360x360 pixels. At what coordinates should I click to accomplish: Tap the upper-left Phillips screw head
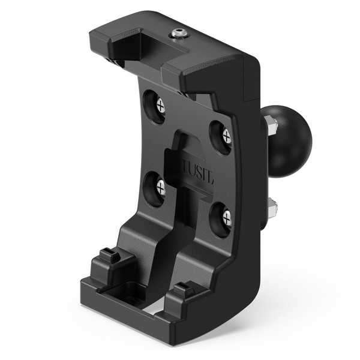(160, 107)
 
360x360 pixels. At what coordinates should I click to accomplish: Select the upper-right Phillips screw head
(226, 136)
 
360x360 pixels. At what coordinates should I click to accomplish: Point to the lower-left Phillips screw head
(160, 187)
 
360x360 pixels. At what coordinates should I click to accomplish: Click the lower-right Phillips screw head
(226, 217)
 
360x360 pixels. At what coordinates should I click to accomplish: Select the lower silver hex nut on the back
(273, 208)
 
